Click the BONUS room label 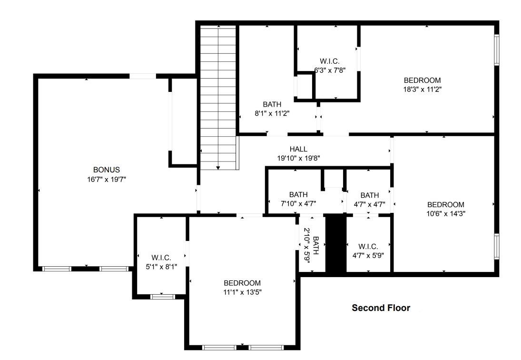[x=106, y=170]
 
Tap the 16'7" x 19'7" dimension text [x=106, y=180]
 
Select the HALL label [x=298, y=149]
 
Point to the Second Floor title [x=381, y=308]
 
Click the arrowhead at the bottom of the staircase [x=218, y=168]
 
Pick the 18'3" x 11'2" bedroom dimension [x=423, y=90]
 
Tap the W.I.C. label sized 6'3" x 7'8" [x=330, y=61]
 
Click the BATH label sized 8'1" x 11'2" [x=272, y=104]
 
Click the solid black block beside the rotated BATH [x=335, y=243]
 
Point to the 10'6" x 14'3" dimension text [x=445, y=214]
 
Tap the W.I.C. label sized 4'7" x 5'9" [x=368, y=247]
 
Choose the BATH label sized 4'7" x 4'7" [x=370, y=195]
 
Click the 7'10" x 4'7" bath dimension [x=298, y=203]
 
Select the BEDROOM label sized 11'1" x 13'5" [x=242, y=283]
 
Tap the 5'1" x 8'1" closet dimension [x=161, y=267]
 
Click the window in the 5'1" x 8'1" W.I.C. [x=162, y=297]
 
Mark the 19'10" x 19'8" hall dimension [x=298, y=158]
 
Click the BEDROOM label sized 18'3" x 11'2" [x=423, y=80]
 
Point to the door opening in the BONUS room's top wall [x=143, y=76]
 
